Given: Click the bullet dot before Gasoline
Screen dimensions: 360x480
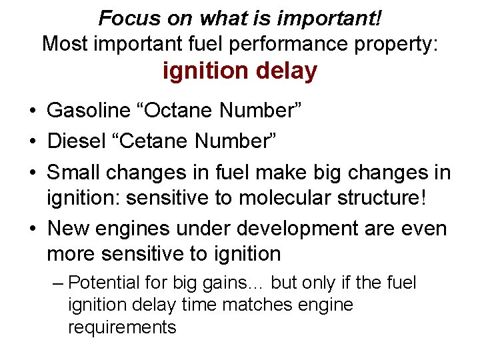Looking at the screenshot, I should click(32, 111).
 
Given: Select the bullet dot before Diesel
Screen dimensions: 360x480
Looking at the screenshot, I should click(32, 141).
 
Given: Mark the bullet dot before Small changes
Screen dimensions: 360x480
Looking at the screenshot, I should click(32, 172).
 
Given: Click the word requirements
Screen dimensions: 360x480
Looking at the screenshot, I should click(122, 327).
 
